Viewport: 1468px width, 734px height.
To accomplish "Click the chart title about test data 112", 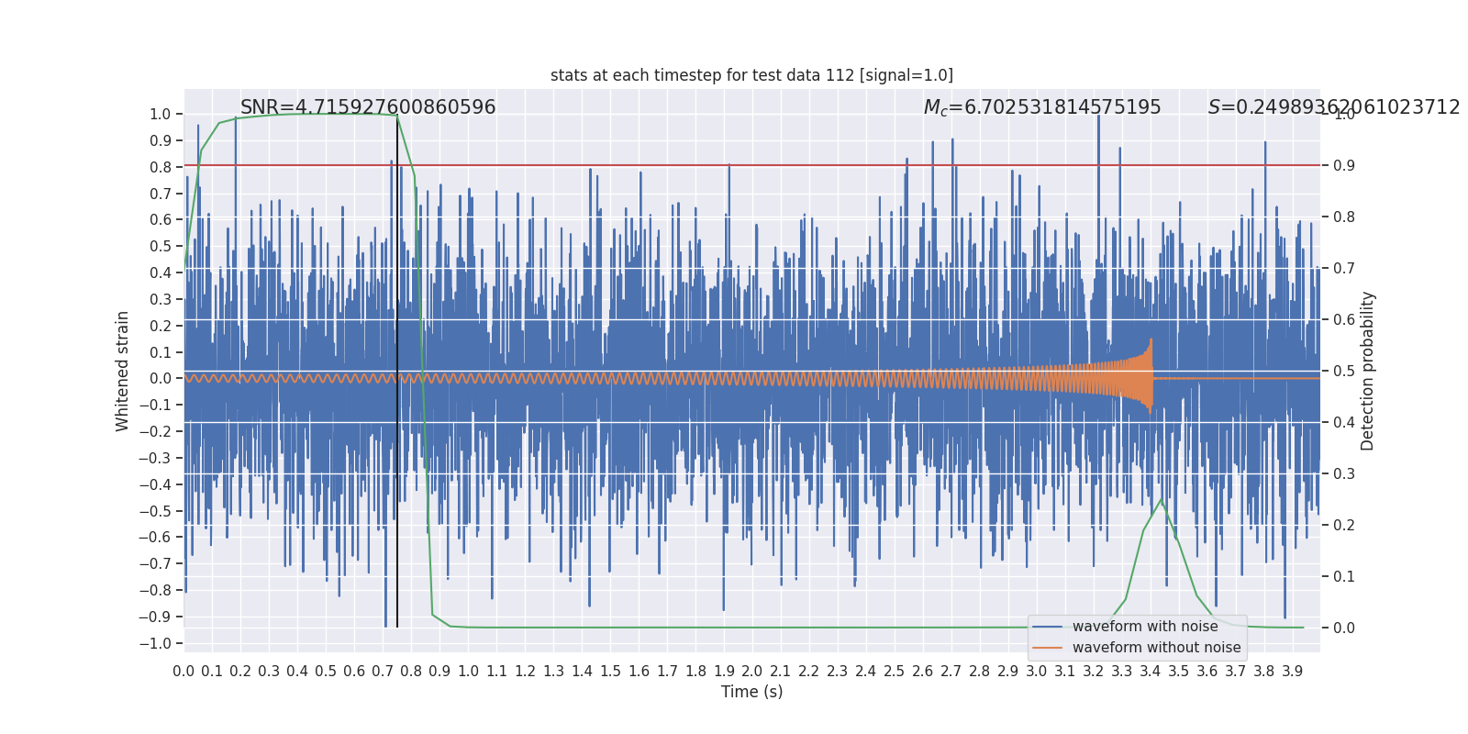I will coord(751,75).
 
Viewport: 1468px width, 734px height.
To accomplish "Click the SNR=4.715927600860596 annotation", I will coord(368,107).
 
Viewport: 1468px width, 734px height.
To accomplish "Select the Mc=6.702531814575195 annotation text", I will coord(1042,107).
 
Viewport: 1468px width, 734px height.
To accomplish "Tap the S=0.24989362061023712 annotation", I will coord(1333,107).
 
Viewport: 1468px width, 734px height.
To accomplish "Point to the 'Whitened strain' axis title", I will coord(123,371).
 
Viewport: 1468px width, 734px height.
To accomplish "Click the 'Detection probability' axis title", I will coord(1368,371).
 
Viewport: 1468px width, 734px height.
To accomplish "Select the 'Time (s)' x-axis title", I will coord(751,692).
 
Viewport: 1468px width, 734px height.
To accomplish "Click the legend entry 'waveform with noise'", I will coord(1144,627).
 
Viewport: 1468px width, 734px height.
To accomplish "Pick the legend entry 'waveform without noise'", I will coord(1156,648).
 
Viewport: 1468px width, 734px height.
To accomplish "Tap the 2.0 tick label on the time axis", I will coord(752,672).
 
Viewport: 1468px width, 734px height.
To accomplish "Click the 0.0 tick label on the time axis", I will coord(183,672).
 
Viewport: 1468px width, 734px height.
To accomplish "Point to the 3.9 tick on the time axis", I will coord(1293,672).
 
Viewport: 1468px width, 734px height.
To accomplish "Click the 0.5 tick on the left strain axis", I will coord(161,246).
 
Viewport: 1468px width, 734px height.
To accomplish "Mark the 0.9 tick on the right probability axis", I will coord(1344,166).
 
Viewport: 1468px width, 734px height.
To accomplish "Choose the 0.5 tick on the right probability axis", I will coord(1344,372).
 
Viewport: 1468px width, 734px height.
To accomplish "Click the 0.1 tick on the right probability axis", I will coord(1344,577).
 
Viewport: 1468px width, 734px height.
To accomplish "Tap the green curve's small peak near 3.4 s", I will coord(1161,500).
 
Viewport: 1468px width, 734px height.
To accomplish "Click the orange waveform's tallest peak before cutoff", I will coord(1151,341).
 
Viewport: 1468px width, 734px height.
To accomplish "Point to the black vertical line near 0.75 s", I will coord(397,367).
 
